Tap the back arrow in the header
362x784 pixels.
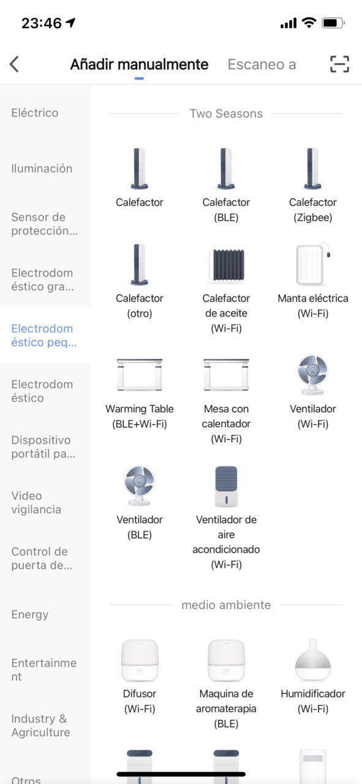[x=14, y=64]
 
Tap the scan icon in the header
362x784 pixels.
[x=339, y=64]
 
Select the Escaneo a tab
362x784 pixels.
[x=262, y=64]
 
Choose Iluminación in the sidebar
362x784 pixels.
[x=42, y=168]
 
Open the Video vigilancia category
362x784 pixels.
[x=36, y=503]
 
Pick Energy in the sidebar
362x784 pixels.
[x=30, y=614]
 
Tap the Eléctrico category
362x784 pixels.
[x=35, y=113]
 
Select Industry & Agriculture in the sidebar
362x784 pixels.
[x=40, y=725]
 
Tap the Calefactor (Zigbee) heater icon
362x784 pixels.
[x=312, y=168]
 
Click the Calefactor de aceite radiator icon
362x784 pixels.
[x=226, y=265]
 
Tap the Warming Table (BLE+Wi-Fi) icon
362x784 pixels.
[x=139, y=374]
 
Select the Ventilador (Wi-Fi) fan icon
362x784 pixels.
[x=312, y=375]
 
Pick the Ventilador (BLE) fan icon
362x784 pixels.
[x=139, y=486]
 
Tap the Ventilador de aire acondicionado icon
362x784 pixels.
[x=226, y=486]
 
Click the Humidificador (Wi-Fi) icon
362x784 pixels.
[x=312, y=660]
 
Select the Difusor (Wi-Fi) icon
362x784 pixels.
[x=139, y=660]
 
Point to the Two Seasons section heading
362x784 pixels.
[x=226, y=113]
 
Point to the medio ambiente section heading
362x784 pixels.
[x=226, y=605]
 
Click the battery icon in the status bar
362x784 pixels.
[x=333, y=23]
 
